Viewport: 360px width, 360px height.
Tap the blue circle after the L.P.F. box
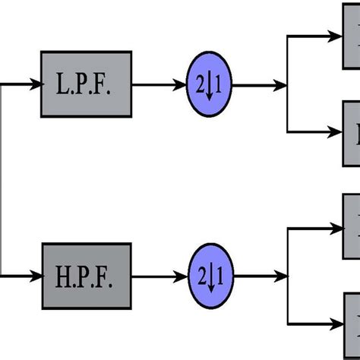click(208, 86)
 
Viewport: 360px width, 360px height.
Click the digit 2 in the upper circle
click(201, 86)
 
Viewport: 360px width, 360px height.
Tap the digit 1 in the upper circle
click(217, 86)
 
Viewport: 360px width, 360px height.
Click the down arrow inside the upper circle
click(209, 87)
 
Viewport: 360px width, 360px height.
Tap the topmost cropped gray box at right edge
click(352, 34)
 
